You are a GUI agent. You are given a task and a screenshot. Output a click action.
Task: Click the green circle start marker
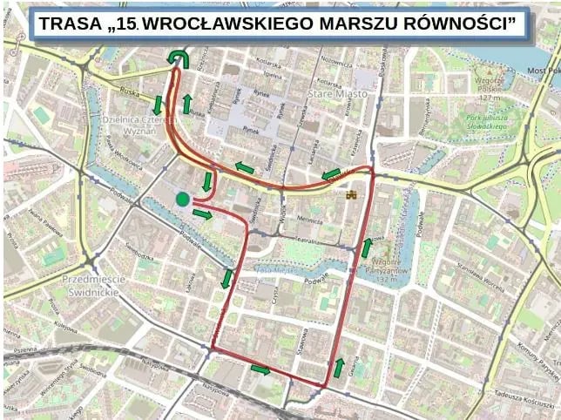[x=182, y=200]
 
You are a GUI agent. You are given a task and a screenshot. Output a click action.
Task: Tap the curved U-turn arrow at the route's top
[x=180, y=57]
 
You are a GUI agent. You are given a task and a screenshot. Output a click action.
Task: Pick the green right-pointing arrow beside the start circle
[x=202, y=214]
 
